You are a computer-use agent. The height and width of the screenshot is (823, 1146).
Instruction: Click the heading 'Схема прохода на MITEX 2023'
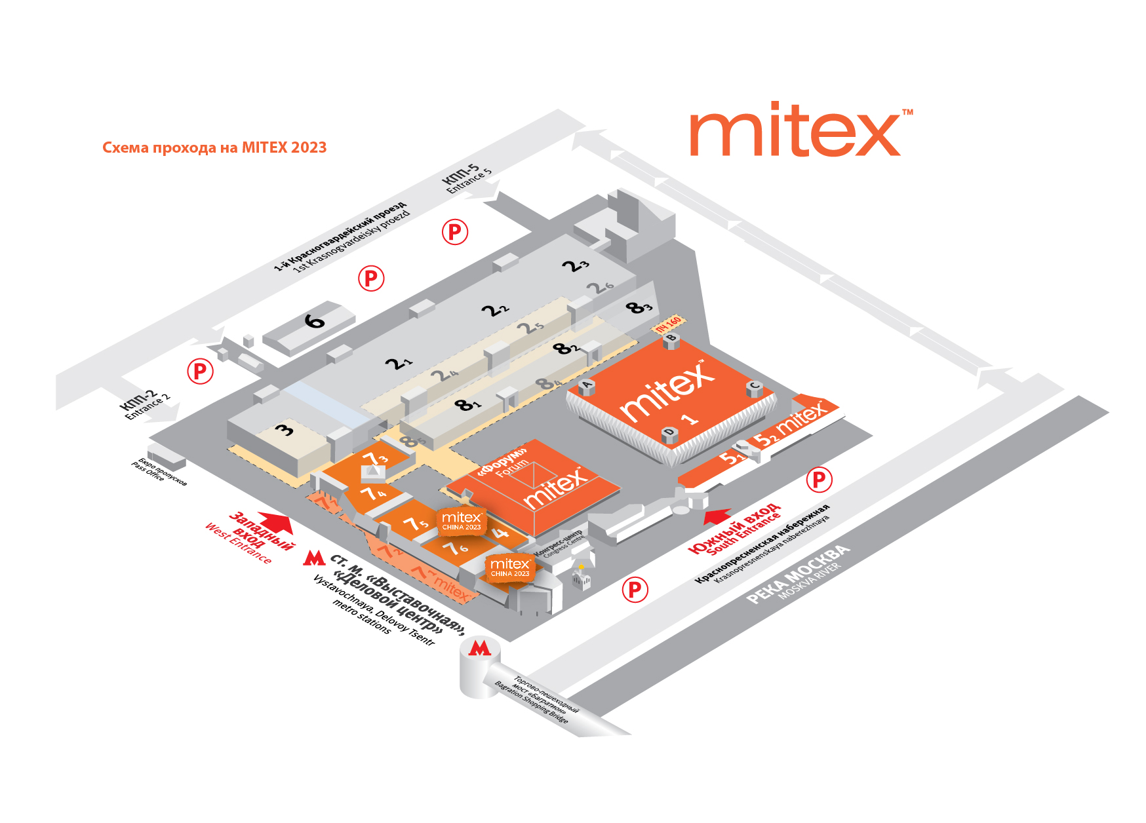coord(214,147)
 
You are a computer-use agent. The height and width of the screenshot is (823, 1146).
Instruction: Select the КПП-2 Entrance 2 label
coord(145,404)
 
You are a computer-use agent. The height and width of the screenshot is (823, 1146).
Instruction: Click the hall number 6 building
coord(314,322)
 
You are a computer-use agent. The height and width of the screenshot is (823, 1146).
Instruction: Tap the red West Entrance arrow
coord(277,522)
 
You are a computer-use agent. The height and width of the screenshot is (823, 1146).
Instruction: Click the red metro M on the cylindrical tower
coord(480,649)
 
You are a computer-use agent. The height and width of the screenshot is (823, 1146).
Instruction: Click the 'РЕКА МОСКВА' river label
coord(798,575)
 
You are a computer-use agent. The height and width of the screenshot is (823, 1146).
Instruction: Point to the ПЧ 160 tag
coord(669,324)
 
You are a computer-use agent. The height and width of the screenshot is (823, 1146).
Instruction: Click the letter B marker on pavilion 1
coord(671,339)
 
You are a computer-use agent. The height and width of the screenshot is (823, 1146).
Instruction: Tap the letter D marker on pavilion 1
coord(669,432)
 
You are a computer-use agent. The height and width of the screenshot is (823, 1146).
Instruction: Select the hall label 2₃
coord(576,265)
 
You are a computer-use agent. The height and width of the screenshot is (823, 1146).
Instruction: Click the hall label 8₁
coord(467,405)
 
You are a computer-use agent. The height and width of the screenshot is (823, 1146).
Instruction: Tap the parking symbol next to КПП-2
coord(200,372)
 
